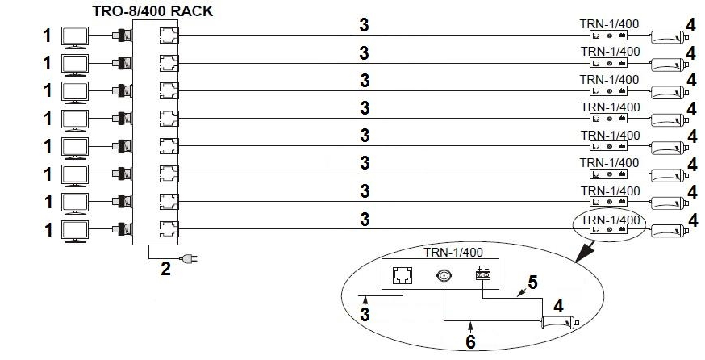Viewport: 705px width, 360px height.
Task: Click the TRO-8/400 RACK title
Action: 152,10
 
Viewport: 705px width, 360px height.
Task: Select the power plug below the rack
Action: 190,259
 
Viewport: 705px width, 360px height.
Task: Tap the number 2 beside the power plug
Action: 166,269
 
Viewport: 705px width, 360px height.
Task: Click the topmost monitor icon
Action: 75,38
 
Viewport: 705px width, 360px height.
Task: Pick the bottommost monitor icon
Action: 75,232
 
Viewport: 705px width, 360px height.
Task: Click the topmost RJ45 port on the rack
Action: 169,35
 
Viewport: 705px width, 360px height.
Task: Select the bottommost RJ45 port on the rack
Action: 169,229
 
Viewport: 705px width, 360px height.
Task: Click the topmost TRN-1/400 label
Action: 609,24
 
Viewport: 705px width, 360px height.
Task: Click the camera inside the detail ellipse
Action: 560,323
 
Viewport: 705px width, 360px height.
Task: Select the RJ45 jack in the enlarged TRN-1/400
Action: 403,274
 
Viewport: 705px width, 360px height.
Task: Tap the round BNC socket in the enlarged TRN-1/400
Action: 444,275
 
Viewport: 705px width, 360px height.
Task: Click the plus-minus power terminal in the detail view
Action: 483,273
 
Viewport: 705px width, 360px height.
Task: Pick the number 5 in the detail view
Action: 533,283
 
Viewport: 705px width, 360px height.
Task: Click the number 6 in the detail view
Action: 470,342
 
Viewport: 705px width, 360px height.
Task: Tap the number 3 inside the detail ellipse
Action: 365,314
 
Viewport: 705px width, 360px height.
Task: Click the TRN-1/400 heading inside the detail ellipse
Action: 453,253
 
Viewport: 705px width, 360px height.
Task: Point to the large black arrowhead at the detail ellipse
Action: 585,252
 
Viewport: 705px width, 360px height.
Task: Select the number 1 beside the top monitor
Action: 48,36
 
